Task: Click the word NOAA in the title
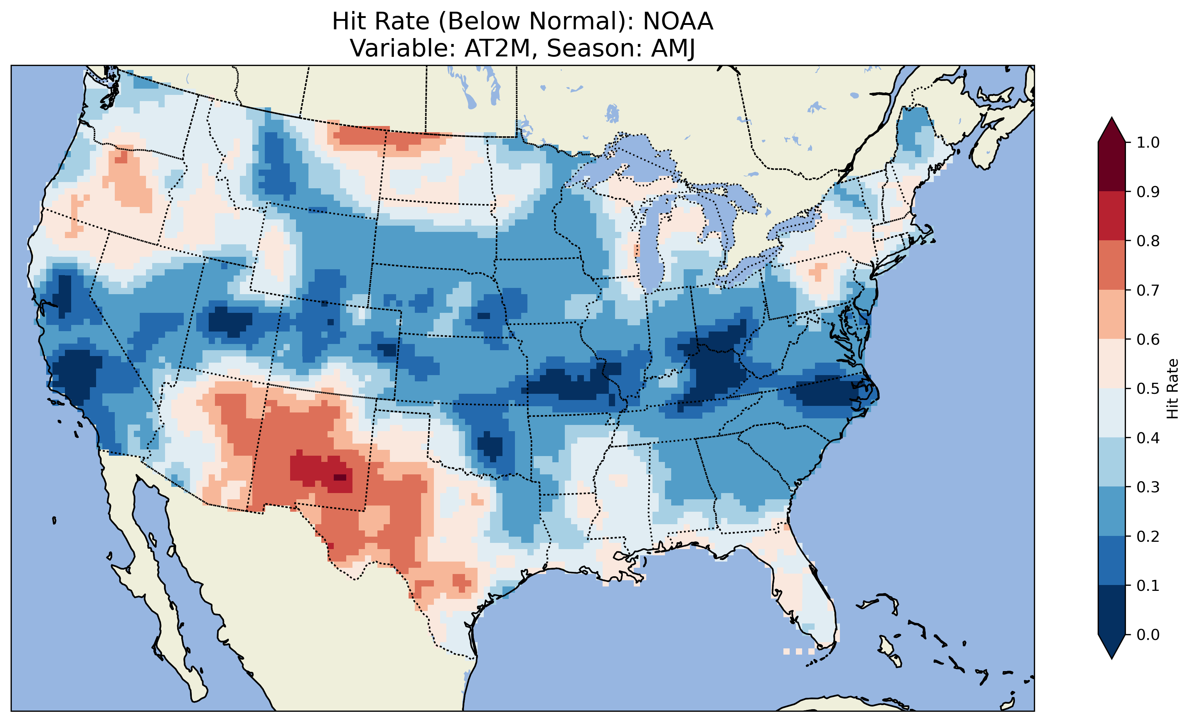pyautogui.click(x=678, y=21)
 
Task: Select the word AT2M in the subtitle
pyautogui.click(x=497, y=48)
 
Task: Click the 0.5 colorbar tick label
pyautogui.click(x=1148, y=389)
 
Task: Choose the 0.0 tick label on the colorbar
pyautogui.click(x=1148, y=634)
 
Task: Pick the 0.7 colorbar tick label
pyautogui.click(x=1148, y=290)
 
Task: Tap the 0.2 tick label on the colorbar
pyautogui.click(x=1148, y=536)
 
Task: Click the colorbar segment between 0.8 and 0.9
pyautogui.click(x=1112, y=215)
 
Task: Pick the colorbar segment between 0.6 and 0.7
pyautogui.click(x=1112, y=314)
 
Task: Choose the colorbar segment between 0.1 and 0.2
pyautogui.click(x=1112, y=560)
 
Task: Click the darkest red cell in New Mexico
pyautogui.click(x=340, y=477)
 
